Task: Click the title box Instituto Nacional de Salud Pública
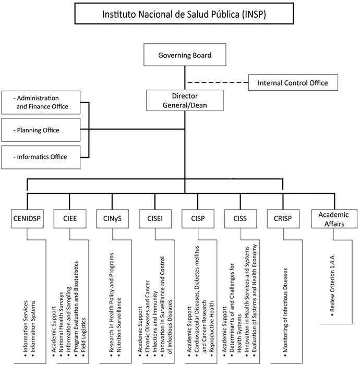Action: (x=184, y=14)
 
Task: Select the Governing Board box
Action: (x=185, y=55)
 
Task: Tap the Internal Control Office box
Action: (x=293, y=82)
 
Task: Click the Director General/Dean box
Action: (x=185, y=100)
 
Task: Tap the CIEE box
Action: (x=69, y=218)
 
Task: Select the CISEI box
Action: (x=154, y=218)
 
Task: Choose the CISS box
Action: (x=239, y=218)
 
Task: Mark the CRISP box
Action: (x=282, y=218)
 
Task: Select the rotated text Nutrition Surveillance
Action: (x=119, y=328)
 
